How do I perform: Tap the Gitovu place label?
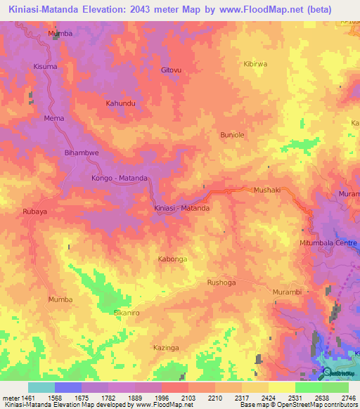tap(171, 70)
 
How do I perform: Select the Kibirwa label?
tap(255, 63)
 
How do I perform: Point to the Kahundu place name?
tap(120, 103)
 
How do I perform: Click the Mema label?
tap(54, 118)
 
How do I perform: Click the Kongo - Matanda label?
tap(120, 178)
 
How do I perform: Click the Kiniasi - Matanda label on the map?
tap(182, 209)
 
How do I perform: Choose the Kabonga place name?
tap(172, 259)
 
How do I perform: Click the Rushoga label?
tap(221, 283)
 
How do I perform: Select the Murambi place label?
tap(286, 292)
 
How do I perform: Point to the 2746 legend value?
tap(349, 398)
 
